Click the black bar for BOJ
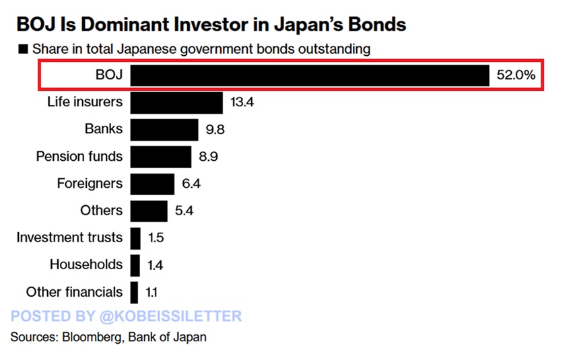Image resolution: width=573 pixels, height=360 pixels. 309,75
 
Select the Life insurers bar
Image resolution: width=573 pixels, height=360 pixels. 176,102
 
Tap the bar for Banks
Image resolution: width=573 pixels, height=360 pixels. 164,129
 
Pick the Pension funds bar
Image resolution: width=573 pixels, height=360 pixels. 161,156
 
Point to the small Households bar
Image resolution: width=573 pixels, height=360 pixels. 135,264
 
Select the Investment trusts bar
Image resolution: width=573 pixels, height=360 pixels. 135,238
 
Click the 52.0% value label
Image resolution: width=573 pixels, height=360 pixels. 516,75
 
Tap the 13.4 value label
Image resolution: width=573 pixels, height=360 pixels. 242,102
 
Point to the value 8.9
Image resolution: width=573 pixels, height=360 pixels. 208,157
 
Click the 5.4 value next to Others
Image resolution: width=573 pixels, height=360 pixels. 184,211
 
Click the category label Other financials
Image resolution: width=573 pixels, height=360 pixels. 74,292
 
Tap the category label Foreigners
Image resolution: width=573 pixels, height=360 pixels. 90,183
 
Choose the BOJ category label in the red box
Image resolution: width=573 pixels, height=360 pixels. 109,75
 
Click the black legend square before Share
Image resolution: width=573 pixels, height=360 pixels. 23,49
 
